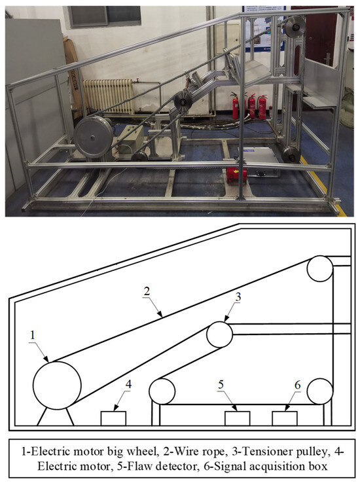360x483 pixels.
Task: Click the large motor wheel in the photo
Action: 93,137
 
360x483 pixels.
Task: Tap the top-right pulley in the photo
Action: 295,27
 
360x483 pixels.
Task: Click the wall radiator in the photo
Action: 108,96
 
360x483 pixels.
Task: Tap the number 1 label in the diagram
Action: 33,335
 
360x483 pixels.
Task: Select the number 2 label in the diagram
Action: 147,291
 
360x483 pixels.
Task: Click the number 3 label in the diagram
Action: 238,296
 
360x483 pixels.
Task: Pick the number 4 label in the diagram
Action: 128,384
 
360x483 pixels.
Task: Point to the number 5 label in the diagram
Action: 221,384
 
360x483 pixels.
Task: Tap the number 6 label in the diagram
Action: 297,385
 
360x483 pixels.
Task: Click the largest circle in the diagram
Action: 57,385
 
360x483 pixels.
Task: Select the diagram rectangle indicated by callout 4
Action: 113,419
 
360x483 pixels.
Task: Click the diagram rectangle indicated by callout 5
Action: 237,419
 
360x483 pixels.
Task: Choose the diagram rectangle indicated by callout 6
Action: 285,419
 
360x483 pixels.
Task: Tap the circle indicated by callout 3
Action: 219,334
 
